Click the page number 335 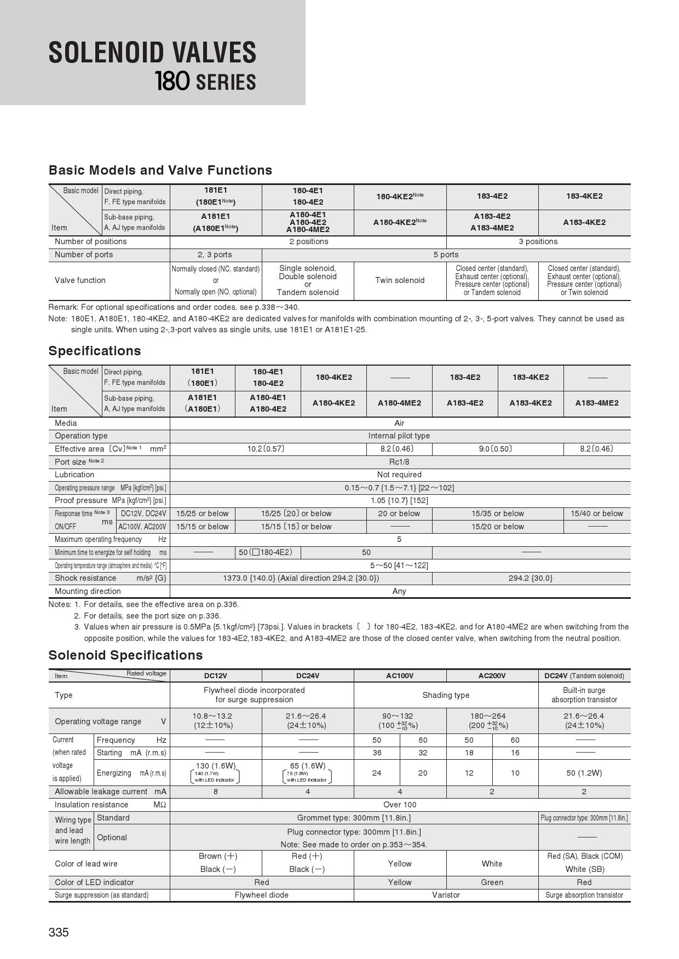click(59, 932)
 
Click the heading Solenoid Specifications click(125, 655)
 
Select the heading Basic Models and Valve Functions click(160, 170)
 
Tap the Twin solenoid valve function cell click(400, 280)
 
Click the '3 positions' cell click(538, 241)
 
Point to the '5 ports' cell click(446, 255)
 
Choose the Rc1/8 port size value click(399, 461)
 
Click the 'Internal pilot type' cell click(399, 436)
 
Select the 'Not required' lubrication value click(399, 475)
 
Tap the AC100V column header click(400, 675)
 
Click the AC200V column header click(492, 675)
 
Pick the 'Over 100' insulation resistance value click(400, 805)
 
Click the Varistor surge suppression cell click(446, 895)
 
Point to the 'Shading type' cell click(446, 695)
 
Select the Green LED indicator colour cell click(492, 882)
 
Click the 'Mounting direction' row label click(88, 591)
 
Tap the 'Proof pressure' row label click(81, 500)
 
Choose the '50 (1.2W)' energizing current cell click(584, 773)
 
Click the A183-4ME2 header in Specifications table click(597, 403)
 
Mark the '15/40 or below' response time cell click(597, 513)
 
